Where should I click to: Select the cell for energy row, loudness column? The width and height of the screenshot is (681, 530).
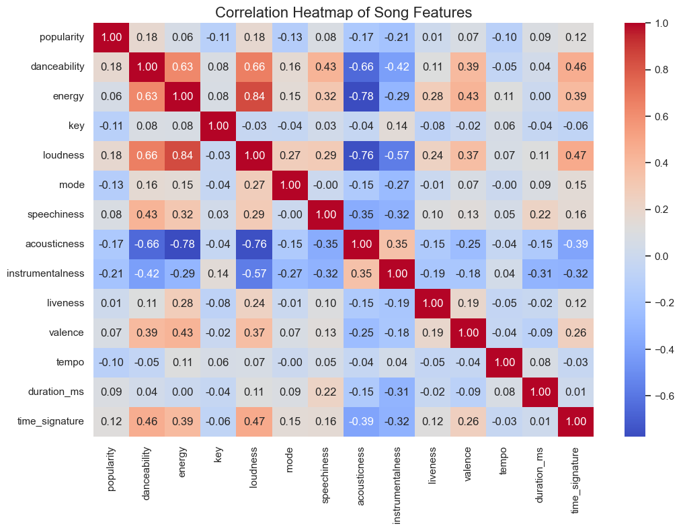tap(255, 96)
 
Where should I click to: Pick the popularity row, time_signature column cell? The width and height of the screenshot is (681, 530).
tap(577, 37)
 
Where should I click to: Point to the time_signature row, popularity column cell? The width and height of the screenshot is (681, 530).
tap(112, 421)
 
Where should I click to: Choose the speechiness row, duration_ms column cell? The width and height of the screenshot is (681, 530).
tap(541, 214)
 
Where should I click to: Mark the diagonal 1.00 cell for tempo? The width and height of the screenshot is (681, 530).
tap(506, 362)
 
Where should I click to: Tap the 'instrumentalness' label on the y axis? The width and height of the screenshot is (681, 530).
tap(46, 273)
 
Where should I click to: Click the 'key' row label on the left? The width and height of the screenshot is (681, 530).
tap(77, 126)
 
